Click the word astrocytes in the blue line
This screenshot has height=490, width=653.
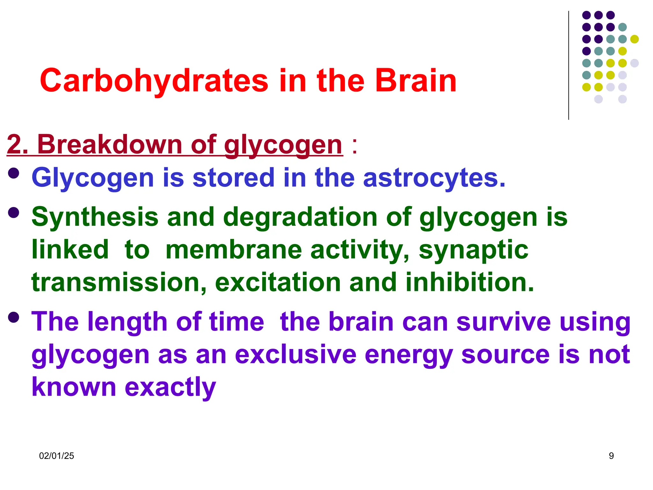(x=434, y=178)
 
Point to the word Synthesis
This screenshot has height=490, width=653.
(x=95, y=217)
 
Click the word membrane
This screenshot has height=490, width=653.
(x=233, y=250)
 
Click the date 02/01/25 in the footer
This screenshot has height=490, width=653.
(x=56, y=456)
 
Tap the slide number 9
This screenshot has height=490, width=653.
(x=611, y=456)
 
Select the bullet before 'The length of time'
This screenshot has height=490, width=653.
(x=14, y=318)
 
